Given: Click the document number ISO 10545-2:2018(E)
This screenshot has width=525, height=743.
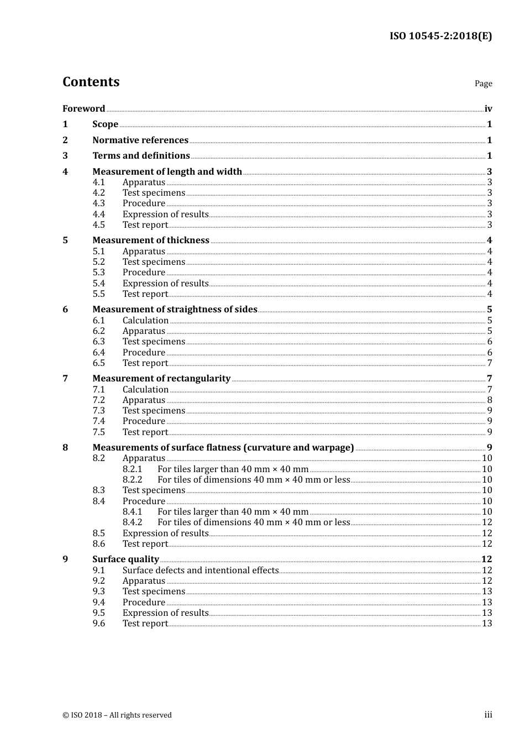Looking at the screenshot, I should (x=440, y=36).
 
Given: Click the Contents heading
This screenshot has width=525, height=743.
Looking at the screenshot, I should (x=91, y=82).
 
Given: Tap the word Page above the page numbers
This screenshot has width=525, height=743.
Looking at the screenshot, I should (x=483, y=83).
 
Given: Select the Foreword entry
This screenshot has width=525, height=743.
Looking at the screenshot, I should (x=83, y=109).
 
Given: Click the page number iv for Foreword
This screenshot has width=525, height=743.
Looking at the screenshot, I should (x=488, y=109).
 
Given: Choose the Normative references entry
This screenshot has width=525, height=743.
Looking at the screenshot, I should (x=140, y=140).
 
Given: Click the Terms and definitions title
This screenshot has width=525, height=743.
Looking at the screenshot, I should (x=141, y=156).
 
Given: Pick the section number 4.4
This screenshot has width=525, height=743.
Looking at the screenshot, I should (x=99, y=214).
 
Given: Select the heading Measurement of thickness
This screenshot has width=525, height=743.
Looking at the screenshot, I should (x=151, y=240).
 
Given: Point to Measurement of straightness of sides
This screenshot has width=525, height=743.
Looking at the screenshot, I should (x=175, y=310).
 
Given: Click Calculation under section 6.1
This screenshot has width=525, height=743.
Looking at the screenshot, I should (x=145, y=321).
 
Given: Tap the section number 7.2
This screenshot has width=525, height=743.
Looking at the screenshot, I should (x=99, y=400).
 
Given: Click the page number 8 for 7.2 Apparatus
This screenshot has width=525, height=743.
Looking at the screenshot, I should (x=490, y=400).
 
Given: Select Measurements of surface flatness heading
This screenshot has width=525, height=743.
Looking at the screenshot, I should (x=223, y=448).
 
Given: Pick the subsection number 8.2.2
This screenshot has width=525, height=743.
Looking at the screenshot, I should (x=133, y=480).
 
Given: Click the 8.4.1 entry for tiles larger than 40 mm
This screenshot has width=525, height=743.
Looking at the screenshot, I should (x=233, y=512).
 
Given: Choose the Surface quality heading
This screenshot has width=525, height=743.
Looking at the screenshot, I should (x=125, y=559).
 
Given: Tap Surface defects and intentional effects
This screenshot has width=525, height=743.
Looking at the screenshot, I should (x=201, y=571).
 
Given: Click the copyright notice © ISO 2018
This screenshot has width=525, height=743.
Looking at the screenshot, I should (x=117, y=715).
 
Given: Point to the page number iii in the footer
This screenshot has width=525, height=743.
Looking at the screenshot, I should (x=488, y=715).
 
